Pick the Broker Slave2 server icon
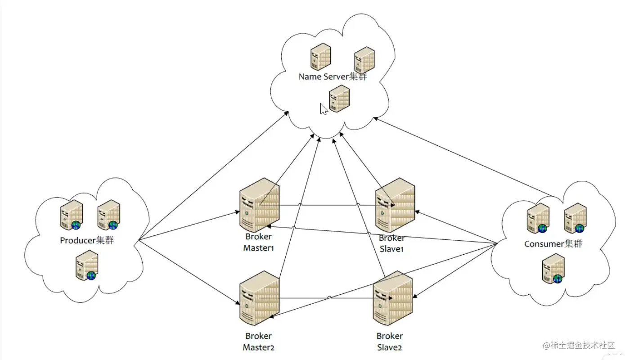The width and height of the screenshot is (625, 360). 393,298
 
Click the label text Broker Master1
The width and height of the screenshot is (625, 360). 259,242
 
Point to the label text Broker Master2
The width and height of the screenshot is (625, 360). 259,342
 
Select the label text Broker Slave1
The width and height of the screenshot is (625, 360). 391,243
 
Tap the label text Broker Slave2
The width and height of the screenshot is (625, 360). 390,342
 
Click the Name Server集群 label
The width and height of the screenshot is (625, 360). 333,76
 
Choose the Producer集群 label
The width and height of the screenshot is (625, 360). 87,240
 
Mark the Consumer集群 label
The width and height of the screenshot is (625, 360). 553,244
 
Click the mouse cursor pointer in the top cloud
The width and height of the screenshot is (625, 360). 324,109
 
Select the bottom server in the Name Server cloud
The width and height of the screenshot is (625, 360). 339,99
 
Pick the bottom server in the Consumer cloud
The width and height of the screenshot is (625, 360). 553,268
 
